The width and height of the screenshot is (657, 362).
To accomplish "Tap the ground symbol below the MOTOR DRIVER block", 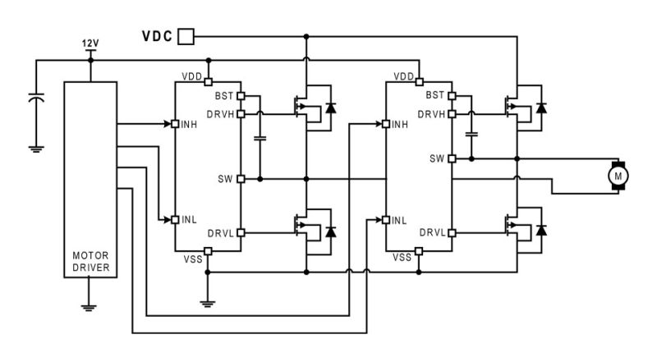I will (90, 308).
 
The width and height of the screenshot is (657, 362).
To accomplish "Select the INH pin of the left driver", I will (175, 124).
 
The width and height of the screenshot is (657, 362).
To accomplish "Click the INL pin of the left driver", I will (175, 219).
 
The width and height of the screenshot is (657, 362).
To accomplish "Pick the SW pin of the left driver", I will (241, 178).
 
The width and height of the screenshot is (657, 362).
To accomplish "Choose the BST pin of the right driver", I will (452, 96).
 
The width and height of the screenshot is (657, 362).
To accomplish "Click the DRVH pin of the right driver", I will (452, 114).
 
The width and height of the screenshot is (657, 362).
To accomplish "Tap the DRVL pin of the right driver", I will (452, 232).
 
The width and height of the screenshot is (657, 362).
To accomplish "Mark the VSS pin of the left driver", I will (208, 252).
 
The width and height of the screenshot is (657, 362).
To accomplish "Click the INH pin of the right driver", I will (386, 124).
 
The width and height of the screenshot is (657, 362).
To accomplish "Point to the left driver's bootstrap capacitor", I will (260, 138).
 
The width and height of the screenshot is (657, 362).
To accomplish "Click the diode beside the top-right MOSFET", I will (541, 108).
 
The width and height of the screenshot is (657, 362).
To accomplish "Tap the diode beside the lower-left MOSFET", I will (331, 231).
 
